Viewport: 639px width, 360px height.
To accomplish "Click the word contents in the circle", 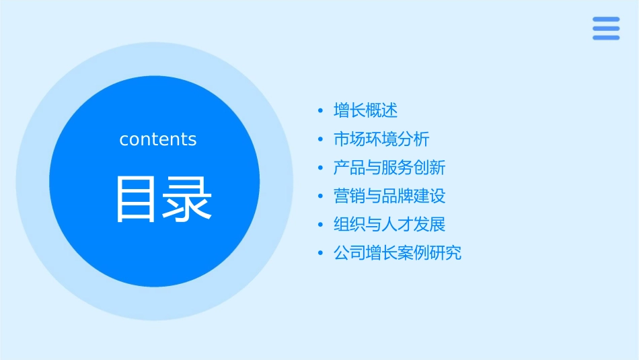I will click(x=158, y=139).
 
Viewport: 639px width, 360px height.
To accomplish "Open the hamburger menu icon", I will click(x=606, y=29).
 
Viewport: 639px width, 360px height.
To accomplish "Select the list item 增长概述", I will click(x=366, y=110).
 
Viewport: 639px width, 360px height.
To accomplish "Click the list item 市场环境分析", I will click(x=381, y=139).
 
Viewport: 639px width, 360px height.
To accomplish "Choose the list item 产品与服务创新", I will click(x=389, y=168).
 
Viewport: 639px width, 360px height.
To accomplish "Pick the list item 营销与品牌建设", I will click(x=389, y=196).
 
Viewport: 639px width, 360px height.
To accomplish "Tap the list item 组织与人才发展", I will click(x=389, y=225).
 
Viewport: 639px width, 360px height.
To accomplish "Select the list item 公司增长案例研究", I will click(x=398, y=254).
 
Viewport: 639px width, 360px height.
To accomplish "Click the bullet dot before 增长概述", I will click(x=321, y=110).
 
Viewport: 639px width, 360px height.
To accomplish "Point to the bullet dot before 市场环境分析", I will click(x=321, y=139).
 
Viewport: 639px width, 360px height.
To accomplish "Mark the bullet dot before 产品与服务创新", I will click(x=321, y=168).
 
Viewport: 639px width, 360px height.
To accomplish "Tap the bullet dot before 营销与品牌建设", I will click(x=321, y=196).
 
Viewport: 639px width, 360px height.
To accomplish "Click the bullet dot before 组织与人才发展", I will click(x=321, y=225).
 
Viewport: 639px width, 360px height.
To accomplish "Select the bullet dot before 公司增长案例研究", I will click(x=321, y=254).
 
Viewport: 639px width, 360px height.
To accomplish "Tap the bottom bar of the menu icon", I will click(x=606, y=38).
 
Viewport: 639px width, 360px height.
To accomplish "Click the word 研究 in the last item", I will click(x=446, y=254).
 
